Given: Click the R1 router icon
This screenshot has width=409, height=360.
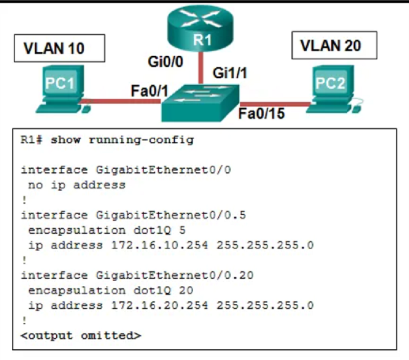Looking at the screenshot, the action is [200, 28].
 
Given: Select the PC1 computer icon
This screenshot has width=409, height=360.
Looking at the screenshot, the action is [63, 89].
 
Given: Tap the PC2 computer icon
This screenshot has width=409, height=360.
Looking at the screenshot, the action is [334, 89].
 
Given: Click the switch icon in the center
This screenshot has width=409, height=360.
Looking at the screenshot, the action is [200, 103].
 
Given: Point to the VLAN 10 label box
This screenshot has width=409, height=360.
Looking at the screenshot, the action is [59, 48].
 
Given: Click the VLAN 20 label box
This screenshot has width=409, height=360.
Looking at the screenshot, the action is [334, 46].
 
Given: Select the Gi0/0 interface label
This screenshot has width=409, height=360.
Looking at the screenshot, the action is [165, 62].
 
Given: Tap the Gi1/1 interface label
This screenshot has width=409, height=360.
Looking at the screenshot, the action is [230, 73].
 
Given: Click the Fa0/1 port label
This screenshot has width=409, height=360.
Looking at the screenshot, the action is [149, 91].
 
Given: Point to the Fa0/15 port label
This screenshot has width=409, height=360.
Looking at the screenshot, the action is [261, 114].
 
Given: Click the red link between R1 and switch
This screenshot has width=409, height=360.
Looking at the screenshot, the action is [200, 68].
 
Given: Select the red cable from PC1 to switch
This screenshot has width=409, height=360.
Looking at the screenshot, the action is [121, 101].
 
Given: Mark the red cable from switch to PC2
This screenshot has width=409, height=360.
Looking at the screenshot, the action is [275, 104].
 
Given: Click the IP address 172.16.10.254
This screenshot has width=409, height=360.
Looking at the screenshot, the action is [160, 245].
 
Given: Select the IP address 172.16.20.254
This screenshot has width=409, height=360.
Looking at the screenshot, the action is [160, 305].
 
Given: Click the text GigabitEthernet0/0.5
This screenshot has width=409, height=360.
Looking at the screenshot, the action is [171, 215].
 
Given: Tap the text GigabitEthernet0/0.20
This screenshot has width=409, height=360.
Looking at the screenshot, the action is [175, 275].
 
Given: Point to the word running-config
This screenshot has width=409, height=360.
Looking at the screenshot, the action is [141, 140].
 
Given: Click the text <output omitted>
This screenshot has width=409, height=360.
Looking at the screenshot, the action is [81, 335].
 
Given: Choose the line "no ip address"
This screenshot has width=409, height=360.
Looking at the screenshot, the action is [77, 185].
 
